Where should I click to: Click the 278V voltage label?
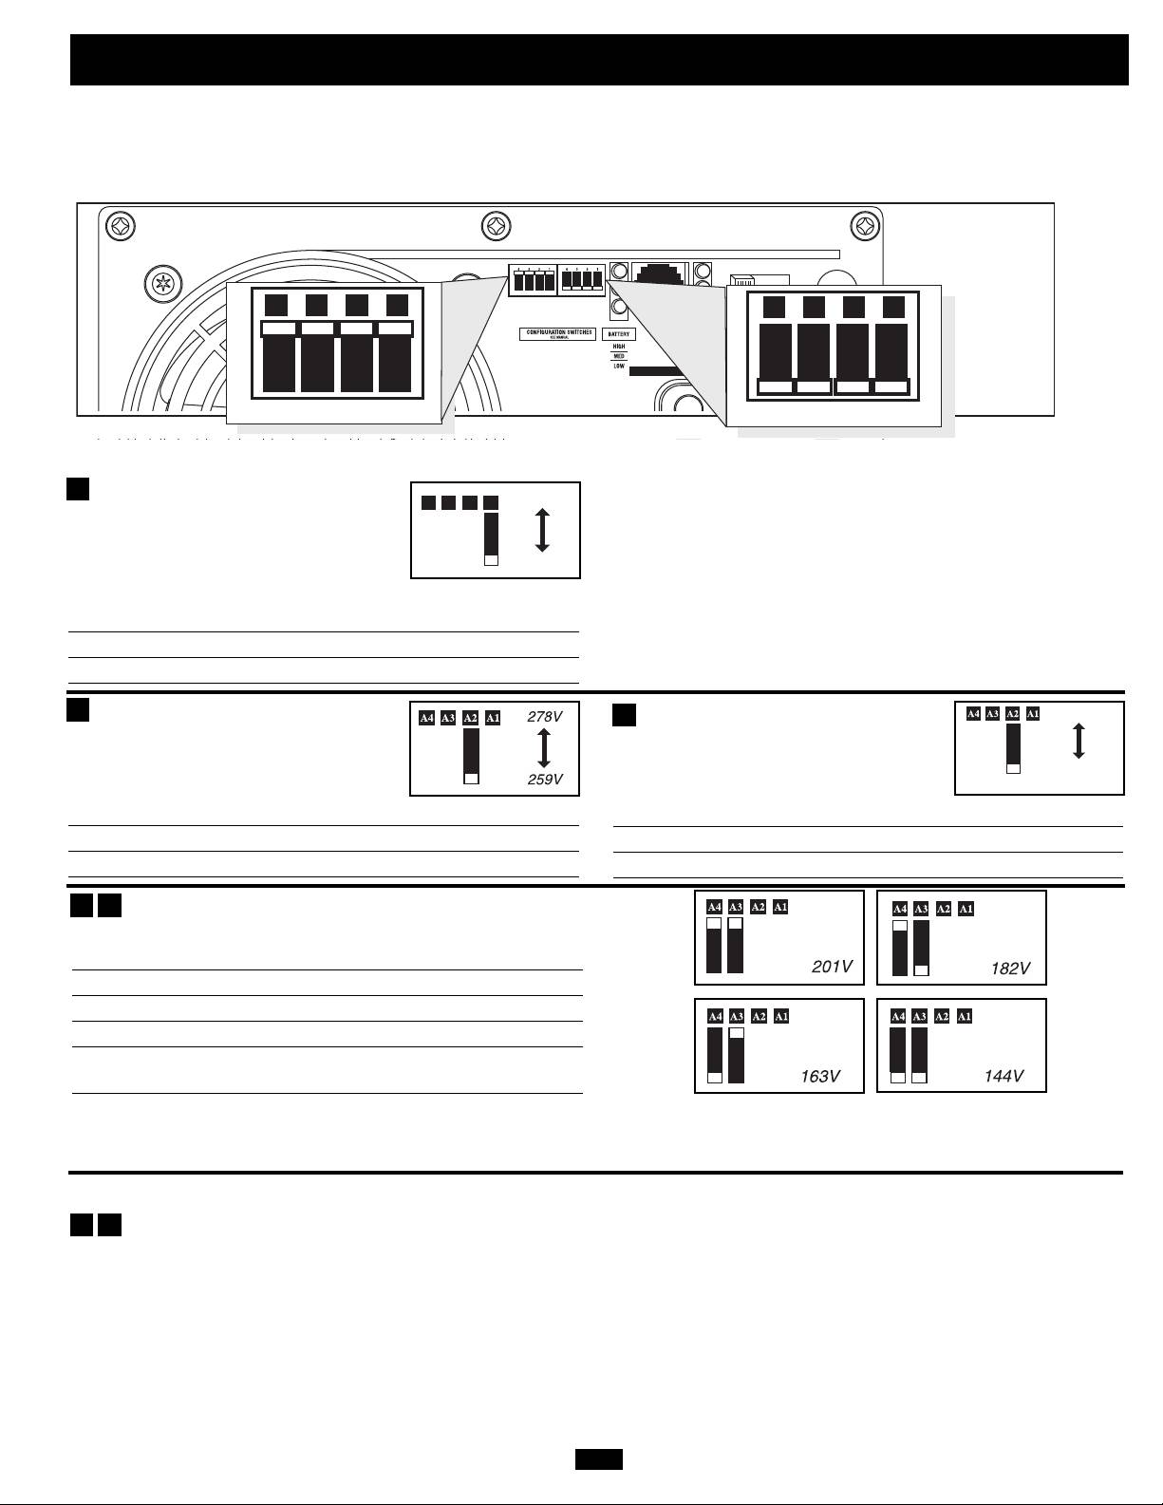pos(544,718)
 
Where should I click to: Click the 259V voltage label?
pos(544,780)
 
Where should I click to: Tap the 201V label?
pos(832,967)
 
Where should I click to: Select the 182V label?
pos(1009,969)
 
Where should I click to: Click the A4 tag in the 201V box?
pos(715,907)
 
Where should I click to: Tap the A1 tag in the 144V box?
pos(965,1017)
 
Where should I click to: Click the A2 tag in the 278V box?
pos(470,718)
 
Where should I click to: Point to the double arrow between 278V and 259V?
pos(544,748)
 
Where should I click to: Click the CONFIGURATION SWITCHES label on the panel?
pos(559,333)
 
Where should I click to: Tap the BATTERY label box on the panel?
pos(619,334)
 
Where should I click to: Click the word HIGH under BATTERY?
pos(619,347)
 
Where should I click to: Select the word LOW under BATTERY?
pos(619,366)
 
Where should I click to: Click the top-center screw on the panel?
pos(497,227)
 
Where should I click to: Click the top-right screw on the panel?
pos(865,227)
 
